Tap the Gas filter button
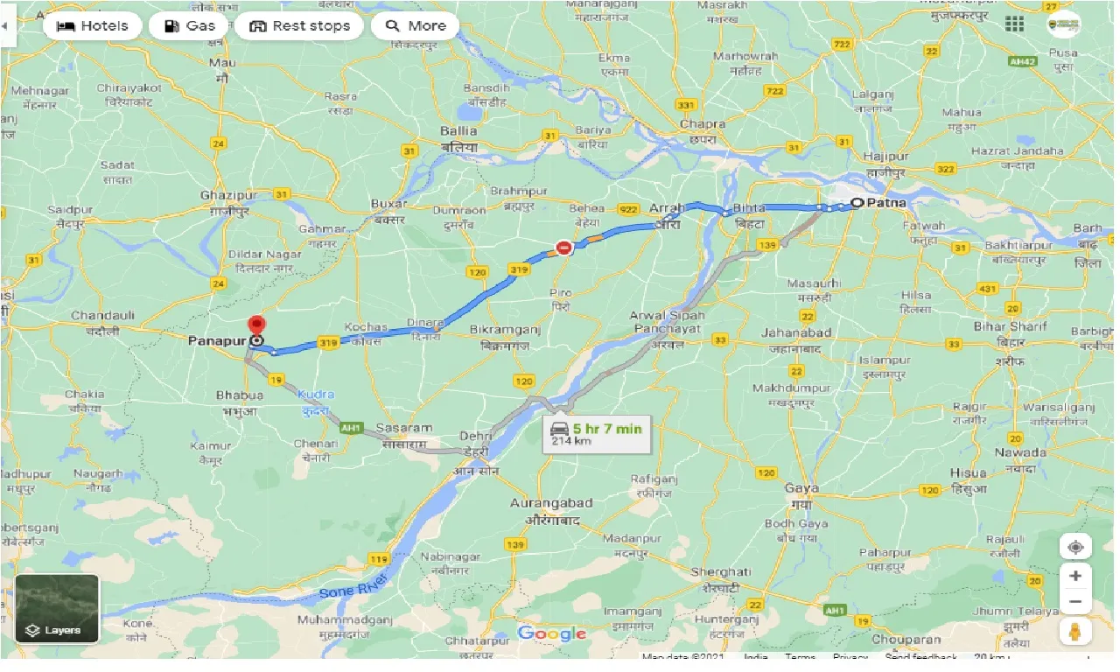189,26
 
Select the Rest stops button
299,26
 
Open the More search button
415,26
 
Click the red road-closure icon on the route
564,248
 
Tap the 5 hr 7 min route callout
597,433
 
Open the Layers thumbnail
57,608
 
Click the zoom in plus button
1075,576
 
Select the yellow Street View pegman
1075,631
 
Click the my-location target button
1075,547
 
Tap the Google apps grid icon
1014,24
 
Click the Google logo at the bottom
551,633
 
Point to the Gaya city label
801,488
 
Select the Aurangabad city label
551,503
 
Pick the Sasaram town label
403,428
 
